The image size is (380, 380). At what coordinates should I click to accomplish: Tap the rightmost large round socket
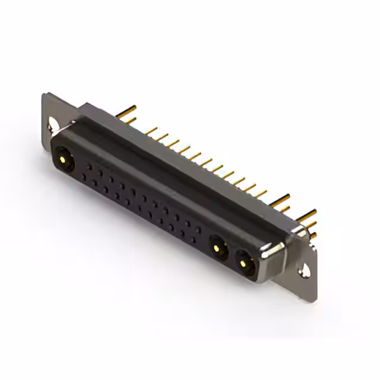point(245,262)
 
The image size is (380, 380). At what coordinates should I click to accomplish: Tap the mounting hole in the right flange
point(306,271)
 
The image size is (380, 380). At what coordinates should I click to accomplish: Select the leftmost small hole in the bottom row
point(85,177)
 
